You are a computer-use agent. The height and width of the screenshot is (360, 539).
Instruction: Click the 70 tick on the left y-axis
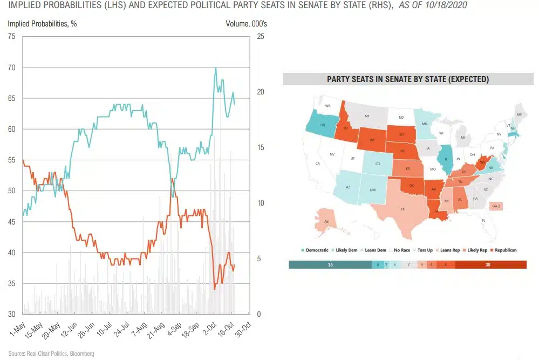[12, 67]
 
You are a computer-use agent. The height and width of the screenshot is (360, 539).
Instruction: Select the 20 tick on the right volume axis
[260, 92]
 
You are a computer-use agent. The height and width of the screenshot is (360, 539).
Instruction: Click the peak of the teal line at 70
[215, 68]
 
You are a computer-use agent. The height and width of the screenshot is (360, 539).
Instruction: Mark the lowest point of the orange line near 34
[215, 289]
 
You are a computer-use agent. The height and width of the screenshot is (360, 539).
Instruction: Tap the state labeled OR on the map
[322, 125]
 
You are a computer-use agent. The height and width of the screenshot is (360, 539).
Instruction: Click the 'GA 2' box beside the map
[496, 206]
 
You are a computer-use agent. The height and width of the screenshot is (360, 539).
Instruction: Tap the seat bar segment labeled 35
[330, 264]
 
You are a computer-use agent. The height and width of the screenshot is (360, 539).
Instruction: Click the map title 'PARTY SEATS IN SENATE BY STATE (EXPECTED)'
[408, 79]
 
